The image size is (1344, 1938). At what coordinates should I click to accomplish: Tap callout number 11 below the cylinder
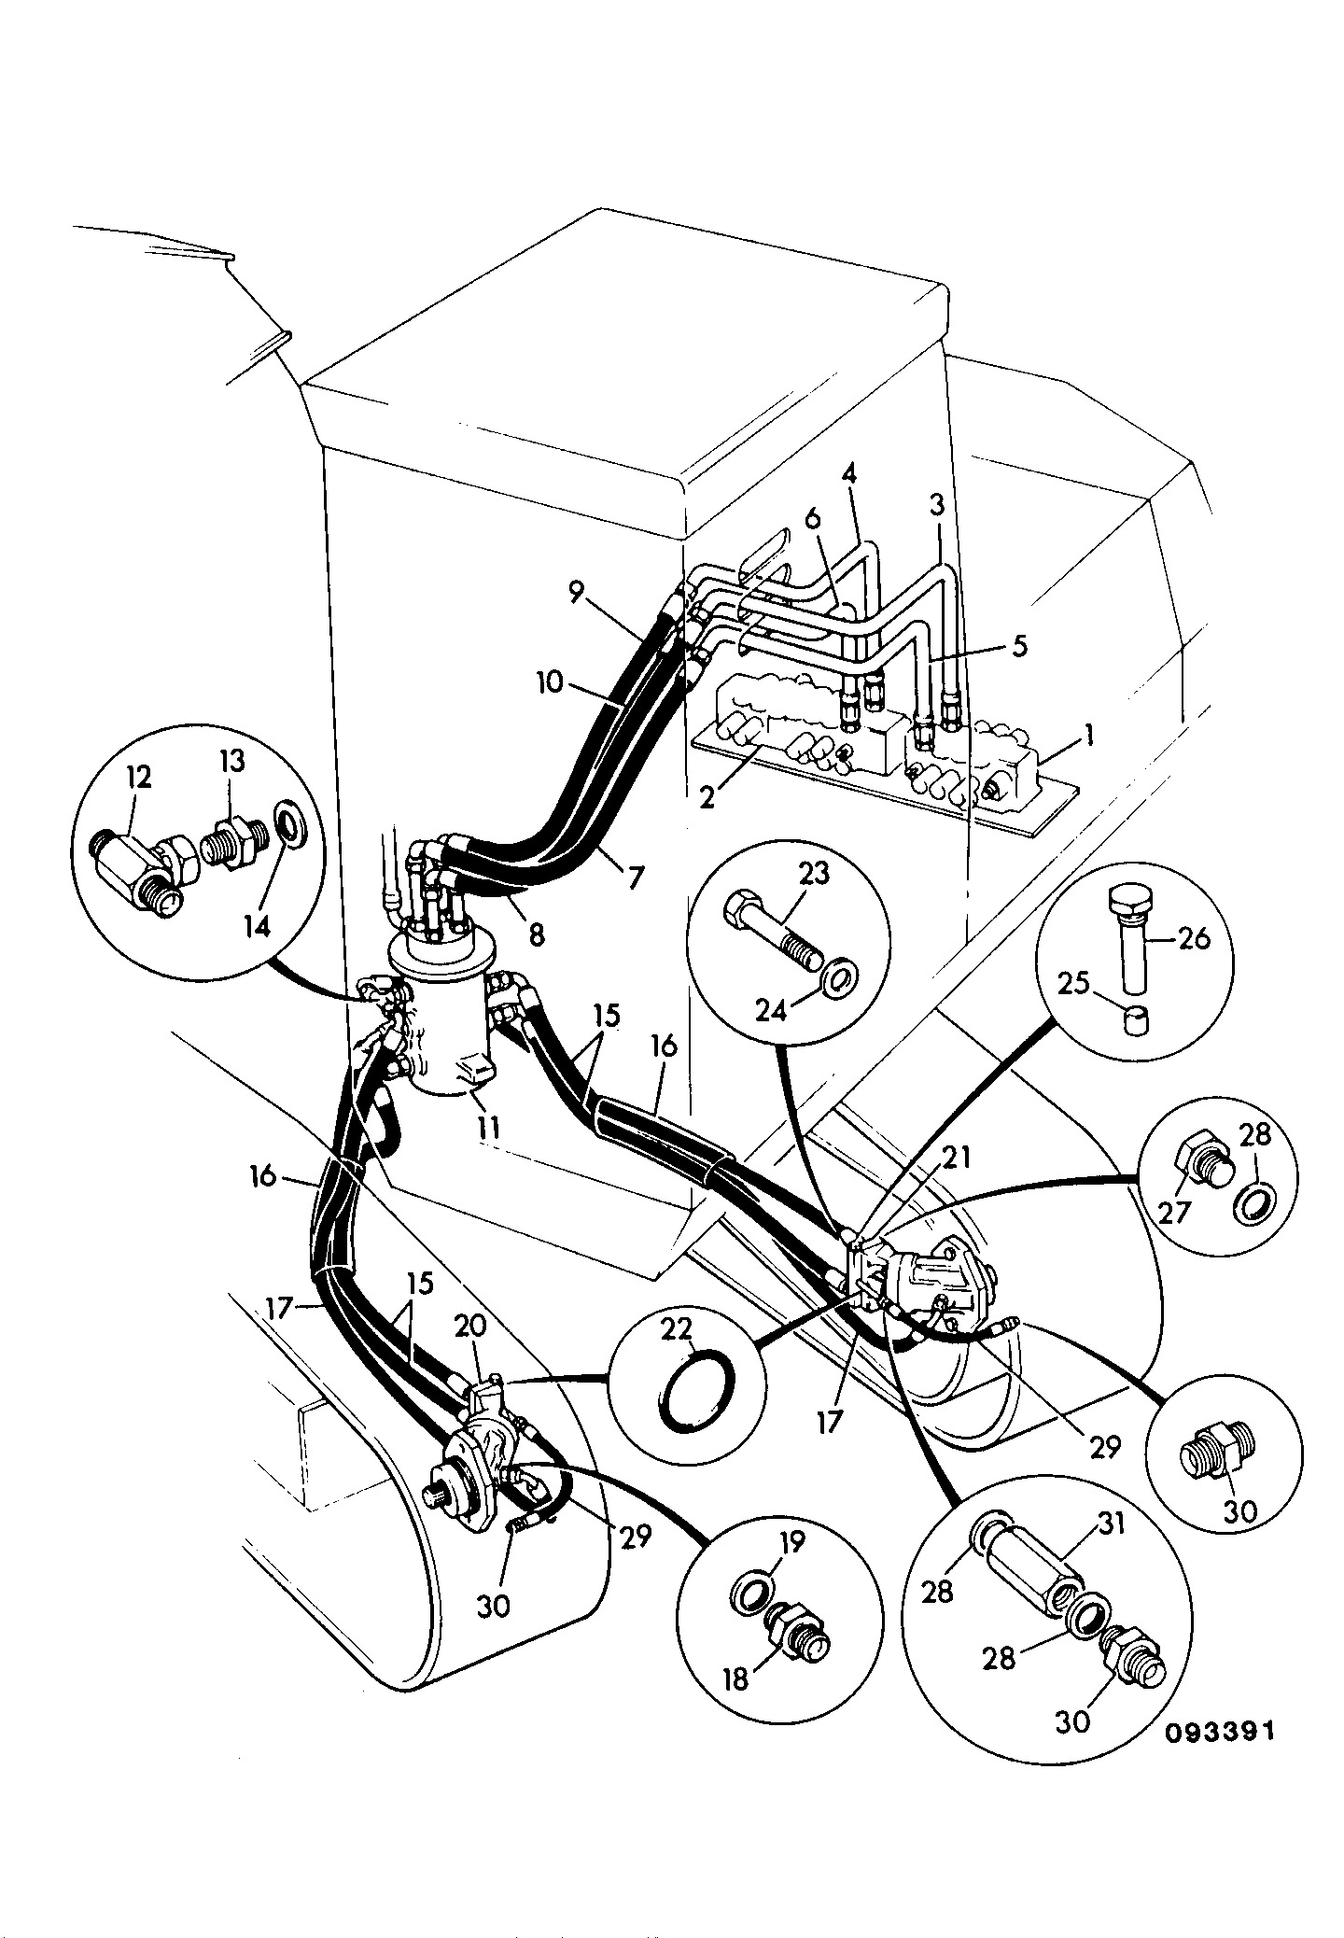(x=488, y=1128)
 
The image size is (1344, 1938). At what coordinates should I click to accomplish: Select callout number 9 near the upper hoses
(x=577, y=590)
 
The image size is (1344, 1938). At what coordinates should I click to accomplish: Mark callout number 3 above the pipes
(x=937, y=506)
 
